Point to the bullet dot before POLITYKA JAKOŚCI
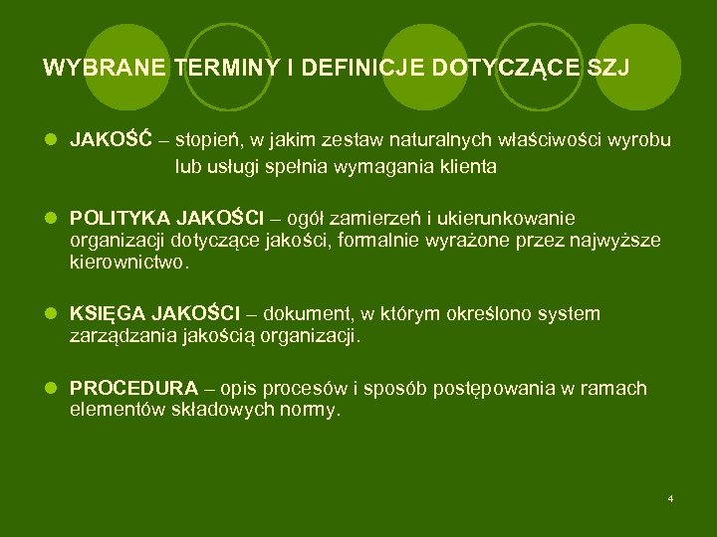(x=51, y=218)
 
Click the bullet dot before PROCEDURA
(x=51, y=388)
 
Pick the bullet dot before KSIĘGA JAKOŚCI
(x=51, y=314)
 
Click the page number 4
(x=671, y=497)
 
